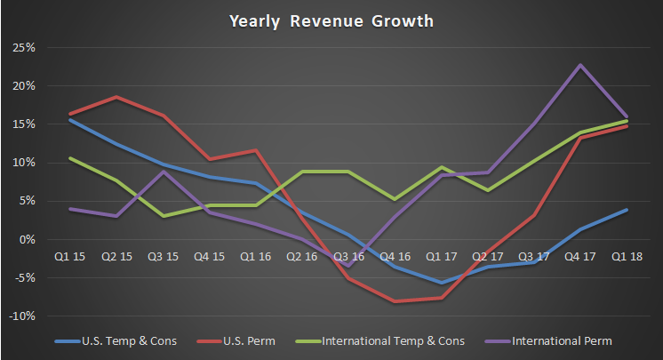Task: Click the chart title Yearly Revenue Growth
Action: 331,20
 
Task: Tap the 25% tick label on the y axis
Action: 24,47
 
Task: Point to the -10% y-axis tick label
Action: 21,316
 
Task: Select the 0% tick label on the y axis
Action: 27,240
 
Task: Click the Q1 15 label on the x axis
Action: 69,256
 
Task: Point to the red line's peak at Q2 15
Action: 116,96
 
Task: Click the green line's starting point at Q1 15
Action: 69,158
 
